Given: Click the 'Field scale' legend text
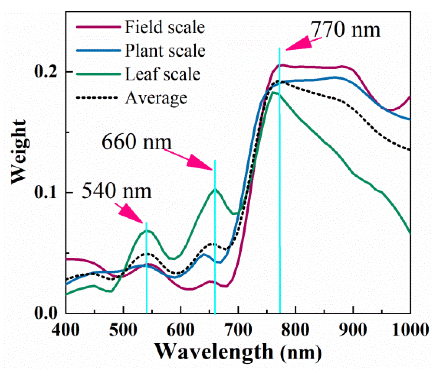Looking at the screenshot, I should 164,27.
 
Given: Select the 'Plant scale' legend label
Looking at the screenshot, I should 165,51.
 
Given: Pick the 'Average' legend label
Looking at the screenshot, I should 156,98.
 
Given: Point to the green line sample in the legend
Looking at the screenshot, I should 98,74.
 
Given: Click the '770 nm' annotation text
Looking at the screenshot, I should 345,30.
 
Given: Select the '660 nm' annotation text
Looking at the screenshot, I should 137,142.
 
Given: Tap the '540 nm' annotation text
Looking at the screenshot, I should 116,191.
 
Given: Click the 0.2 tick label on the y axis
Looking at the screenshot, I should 45,72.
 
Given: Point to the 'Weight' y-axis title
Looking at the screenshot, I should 18,152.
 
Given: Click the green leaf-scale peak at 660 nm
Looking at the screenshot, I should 215,189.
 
